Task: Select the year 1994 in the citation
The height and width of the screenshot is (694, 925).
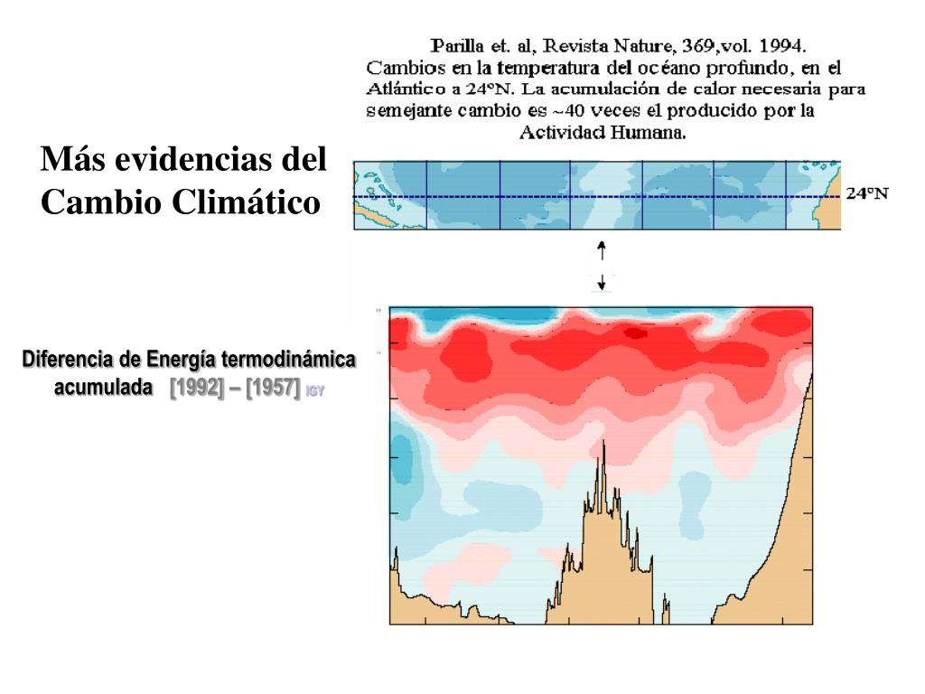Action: tap(784, 45)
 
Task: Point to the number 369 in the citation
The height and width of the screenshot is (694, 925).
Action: tap(703, 45)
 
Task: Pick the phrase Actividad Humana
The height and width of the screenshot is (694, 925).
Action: tap(603, 132)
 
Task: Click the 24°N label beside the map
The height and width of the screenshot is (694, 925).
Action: tap(866, 194)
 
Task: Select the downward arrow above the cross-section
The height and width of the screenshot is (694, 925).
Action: tap(603, 284)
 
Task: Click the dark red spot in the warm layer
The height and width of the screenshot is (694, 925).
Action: tap(637, 333)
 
